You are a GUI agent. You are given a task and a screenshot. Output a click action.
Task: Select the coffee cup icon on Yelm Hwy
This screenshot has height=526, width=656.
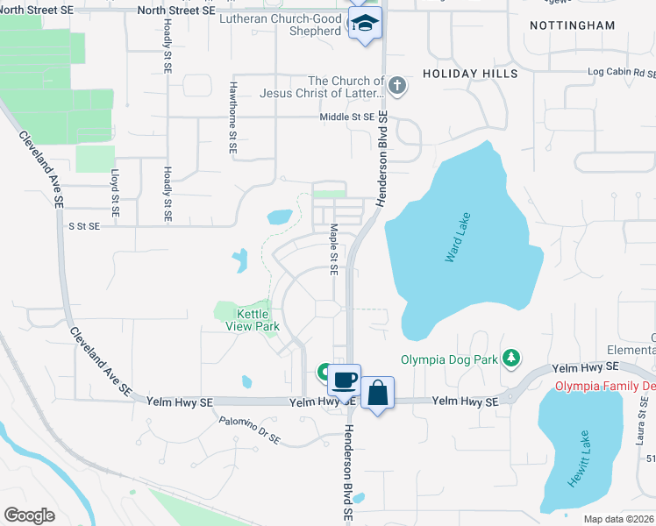(345, 380)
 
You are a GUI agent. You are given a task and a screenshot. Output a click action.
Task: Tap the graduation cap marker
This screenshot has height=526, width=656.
(364, 24)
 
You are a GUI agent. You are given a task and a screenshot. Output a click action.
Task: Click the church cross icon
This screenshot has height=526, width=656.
(397, 86)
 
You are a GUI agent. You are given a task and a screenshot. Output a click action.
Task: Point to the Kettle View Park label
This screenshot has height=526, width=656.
(258, 320)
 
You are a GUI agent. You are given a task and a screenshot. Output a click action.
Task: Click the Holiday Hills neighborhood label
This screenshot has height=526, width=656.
(470, 74)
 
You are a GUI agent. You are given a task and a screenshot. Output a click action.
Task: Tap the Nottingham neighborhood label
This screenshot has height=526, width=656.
(573, 25)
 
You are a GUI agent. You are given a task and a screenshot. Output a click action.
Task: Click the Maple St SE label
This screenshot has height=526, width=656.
(334, 250)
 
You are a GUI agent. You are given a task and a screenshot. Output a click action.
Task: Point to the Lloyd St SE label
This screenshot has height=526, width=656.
(114, 193)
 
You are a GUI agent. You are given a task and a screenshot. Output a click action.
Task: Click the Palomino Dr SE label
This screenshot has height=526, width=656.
(250, 430)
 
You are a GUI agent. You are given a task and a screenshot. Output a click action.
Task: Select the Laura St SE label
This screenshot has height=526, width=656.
(641, 456)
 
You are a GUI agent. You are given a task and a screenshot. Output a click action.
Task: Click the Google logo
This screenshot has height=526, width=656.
(29, 515)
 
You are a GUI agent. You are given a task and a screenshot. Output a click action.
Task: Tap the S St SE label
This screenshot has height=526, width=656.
(85, 225)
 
